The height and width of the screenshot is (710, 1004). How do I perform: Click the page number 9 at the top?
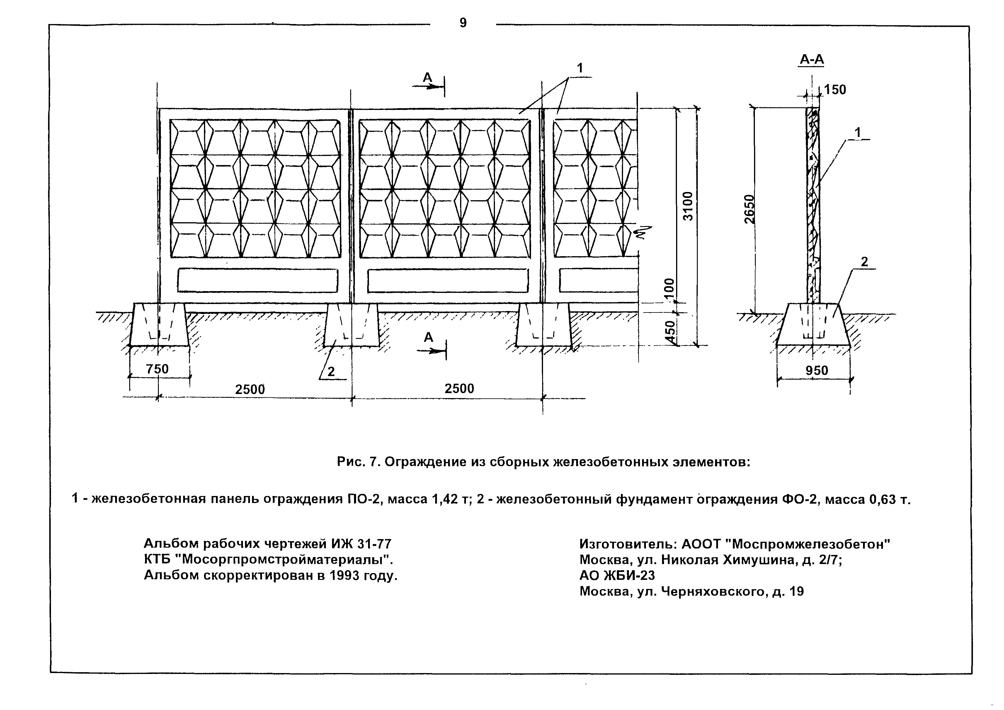(463, 23)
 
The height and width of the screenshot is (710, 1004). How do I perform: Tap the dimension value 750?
(157, 369)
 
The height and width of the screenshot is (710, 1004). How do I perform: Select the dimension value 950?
(817, 371)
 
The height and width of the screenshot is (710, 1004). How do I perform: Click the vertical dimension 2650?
(750, 209)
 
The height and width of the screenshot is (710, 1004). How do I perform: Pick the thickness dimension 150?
(835, 90)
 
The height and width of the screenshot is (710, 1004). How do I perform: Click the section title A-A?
(811, 60)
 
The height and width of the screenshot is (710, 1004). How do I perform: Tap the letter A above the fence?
(427, 77)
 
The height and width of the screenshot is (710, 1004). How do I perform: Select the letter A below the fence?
(428, 337)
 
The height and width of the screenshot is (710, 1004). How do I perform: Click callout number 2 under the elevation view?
(331, 371)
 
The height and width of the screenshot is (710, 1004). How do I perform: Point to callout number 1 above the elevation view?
(580, 68)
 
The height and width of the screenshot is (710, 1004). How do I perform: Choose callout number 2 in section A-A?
(865, 262)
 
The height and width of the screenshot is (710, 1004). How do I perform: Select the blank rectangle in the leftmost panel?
(258, 281)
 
